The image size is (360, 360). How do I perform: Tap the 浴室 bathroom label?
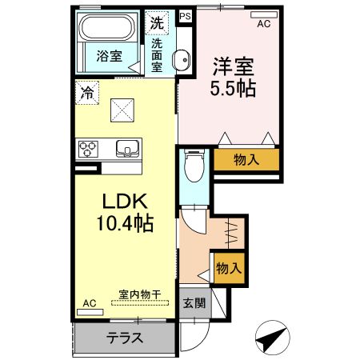click(110, 57)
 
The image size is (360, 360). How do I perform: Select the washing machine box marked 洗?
click(157, 23)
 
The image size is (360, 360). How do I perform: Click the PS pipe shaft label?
click(186, 15)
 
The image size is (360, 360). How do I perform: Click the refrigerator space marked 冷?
click(86, 92)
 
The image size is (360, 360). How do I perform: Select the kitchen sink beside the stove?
click(127, 148)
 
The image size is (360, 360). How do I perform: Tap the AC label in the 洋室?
click(263, 25)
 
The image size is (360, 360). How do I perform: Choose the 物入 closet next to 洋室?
click(246, 159)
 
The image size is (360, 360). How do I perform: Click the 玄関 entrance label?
click(192, 303)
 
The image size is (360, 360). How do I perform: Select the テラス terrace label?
click(125, 338)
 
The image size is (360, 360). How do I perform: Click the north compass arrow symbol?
click(274, 336)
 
